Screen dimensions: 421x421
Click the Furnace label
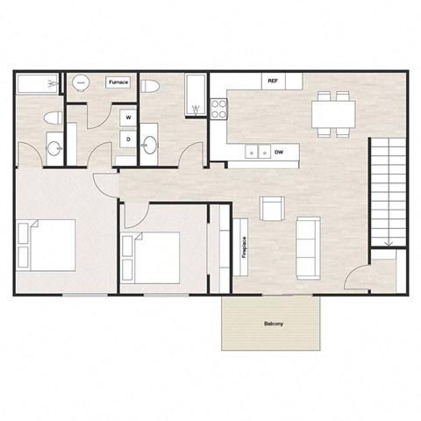118,82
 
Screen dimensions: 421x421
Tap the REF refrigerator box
273,81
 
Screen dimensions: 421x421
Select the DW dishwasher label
278,152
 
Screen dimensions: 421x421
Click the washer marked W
128,116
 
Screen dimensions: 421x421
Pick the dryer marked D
128,139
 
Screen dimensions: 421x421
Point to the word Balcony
273,324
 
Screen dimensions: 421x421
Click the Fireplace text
243,248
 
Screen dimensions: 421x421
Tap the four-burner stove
218,109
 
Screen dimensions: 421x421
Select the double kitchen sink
257,152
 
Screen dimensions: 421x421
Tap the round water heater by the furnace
80,82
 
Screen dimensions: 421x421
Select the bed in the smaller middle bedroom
151,257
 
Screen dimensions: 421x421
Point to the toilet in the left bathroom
52,119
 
